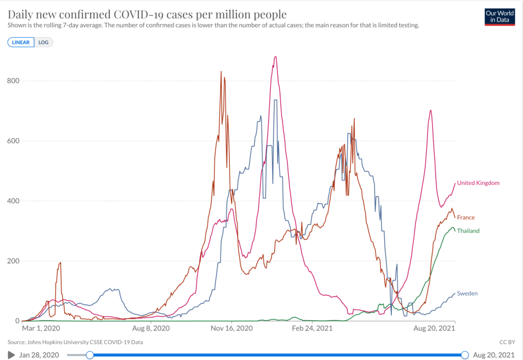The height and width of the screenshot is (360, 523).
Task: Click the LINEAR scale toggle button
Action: click(20, 42)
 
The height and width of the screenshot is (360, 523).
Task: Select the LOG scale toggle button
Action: click(43, 42)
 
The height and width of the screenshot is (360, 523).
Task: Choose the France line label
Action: click(466, 218)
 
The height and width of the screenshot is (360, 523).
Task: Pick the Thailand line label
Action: click(468, 231)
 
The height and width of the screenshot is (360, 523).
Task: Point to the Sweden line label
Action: click(467, 294)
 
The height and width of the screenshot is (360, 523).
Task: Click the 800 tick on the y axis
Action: click(12, 81)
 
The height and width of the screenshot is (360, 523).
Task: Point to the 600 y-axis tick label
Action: click(12, 141)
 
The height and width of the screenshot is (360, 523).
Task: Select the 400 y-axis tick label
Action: click(12, 201)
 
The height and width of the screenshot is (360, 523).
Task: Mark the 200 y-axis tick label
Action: click(12, 261)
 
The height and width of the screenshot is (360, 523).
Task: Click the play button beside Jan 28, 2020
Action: click(11, 355)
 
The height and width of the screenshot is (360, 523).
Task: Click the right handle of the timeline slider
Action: click(465, 355)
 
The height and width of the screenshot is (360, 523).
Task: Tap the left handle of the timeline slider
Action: click(90, 355)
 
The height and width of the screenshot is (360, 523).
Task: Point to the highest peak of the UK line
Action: click(275, 57)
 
